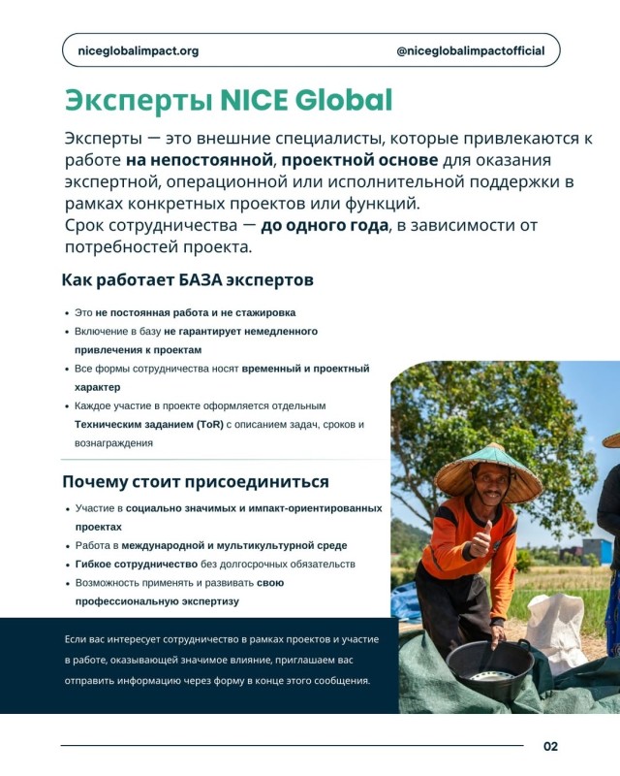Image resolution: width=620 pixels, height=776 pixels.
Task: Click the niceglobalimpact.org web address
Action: (137, 50)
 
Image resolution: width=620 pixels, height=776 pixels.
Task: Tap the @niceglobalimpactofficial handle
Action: (471, 50)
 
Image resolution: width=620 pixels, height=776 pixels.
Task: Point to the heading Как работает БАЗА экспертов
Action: (187, 280)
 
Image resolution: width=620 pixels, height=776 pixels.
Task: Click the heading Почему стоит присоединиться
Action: (195, 481)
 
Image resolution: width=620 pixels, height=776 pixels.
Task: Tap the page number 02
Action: (550, 746)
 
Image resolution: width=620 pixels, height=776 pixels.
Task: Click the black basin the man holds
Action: (489, 663)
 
